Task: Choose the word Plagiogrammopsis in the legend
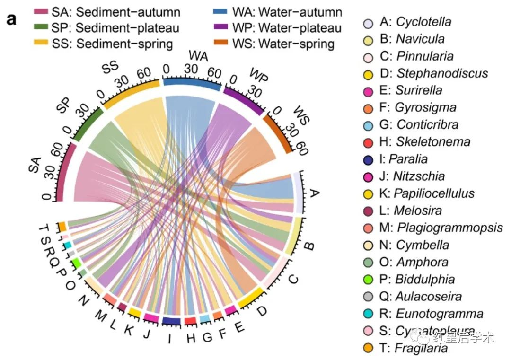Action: pos(450,228)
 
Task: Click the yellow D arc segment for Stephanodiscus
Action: pos(250,298)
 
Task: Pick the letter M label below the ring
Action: pos(100,314)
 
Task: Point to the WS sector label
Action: pos(299,115)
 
